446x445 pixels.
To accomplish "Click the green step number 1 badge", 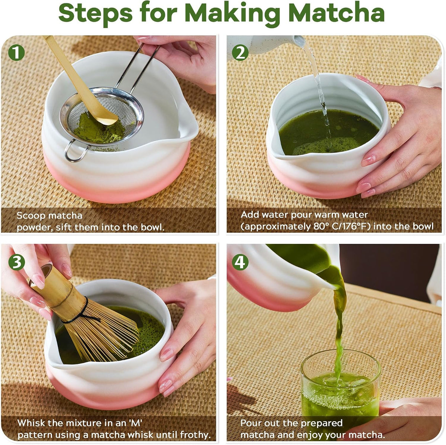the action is click(x=16, y=53).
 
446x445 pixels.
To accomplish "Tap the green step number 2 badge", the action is click(x=240, y=53).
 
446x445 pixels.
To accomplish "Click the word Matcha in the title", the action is click(x=336, y=13).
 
